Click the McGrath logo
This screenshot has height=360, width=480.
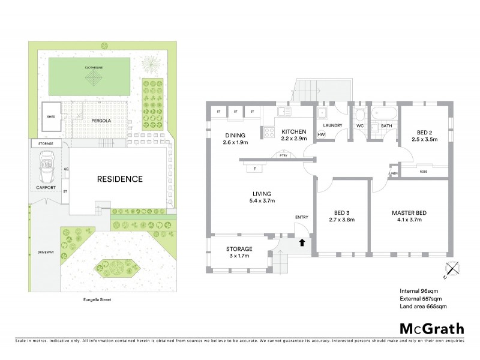point(431,328)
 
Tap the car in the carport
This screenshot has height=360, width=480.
point(46,167)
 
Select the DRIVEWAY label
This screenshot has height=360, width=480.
point(46,252)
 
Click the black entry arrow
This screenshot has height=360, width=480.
point(302,242)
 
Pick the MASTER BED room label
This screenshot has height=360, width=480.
point(409,213)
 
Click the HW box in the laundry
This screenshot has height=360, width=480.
point(321,134)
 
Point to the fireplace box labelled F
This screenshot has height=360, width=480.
point(255,169)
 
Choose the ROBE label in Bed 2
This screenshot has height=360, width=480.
point(424,171)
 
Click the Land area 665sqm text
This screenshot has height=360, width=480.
point(424,307)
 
